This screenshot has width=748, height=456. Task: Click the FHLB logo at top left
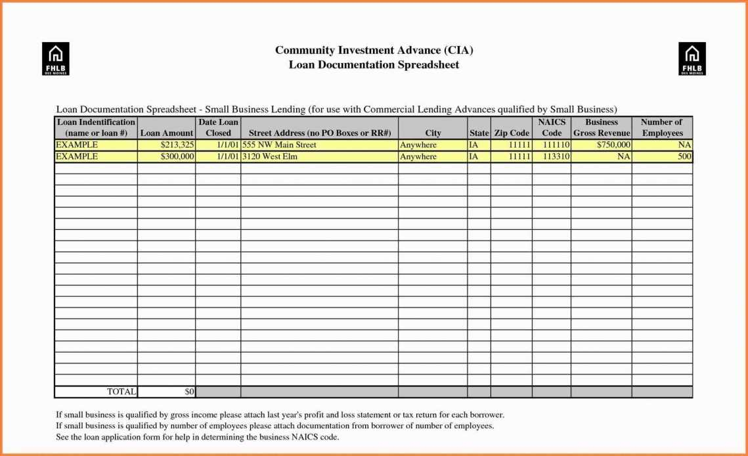[55, 58]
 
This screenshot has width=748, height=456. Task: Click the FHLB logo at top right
[692, 58]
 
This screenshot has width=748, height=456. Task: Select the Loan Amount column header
[167, 133]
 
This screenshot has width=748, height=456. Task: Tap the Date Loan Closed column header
[218, 127]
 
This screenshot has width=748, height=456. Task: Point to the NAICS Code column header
[552, 127]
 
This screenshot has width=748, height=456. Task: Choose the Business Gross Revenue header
[602, 127]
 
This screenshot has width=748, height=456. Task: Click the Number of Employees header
[662, 127]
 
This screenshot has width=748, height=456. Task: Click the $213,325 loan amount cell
[167, 145]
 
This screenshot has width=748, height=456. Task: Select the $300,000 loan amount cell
[167, 156]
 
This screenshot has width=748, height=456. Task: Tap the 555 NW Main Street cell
[319, 145]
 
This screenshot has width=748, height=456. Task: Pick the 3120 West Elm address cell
[319, 156]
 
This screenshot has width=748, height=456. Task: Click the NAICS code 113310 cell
[552, 156]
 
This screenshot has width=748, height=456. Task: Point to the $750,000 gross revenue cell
[602, 145]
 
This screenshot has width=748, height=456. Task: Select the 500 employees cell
[662, 156]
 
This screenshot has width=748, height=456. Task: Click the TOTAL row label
[96, 392]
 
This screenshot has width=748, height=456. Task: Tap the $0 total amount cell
[167, 392]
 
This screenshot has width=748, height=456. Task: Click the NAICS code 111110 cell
[552, 145]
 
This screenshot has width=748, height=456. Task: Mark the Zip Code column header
[512, 133]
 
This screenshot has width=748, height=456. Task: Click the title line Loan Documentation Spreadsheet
[374, 64]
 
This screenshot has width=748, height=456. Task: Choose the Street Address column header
[319, 133]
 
